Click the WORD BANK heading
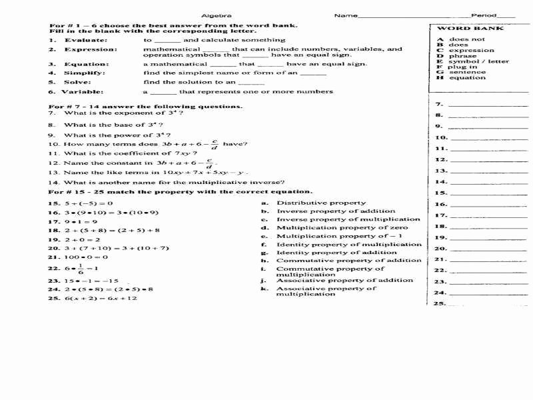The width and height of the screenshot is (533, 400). (460, 29)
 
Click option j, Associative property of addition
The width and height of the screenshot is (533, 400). (344, 281)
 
